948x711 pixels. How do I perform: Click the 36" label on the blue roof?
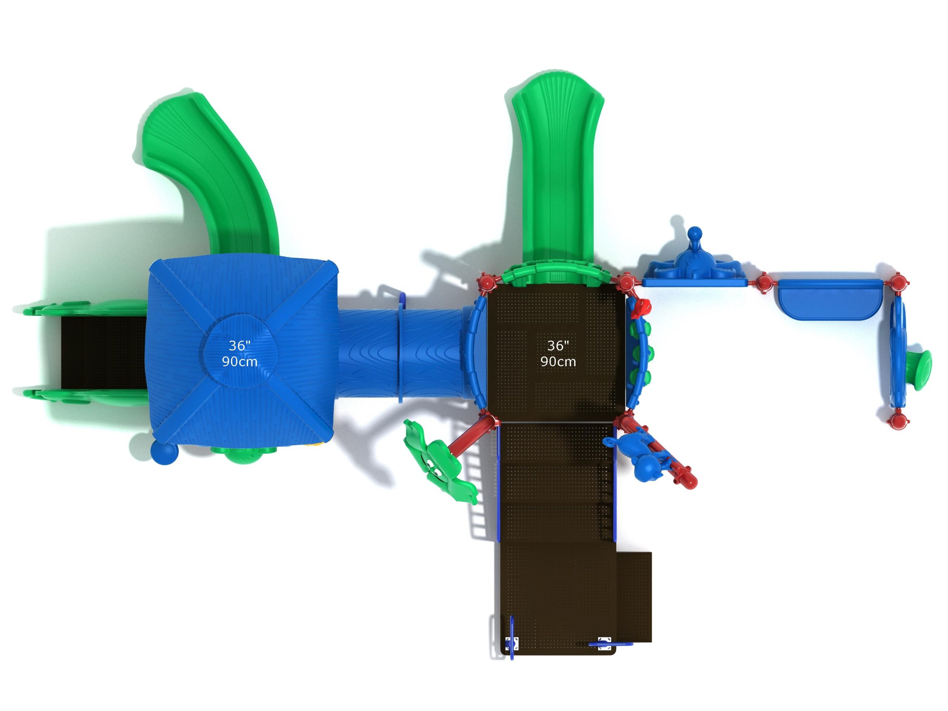(239, 346)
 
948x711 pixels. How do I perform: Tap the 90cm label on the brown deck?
(558, 362)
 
